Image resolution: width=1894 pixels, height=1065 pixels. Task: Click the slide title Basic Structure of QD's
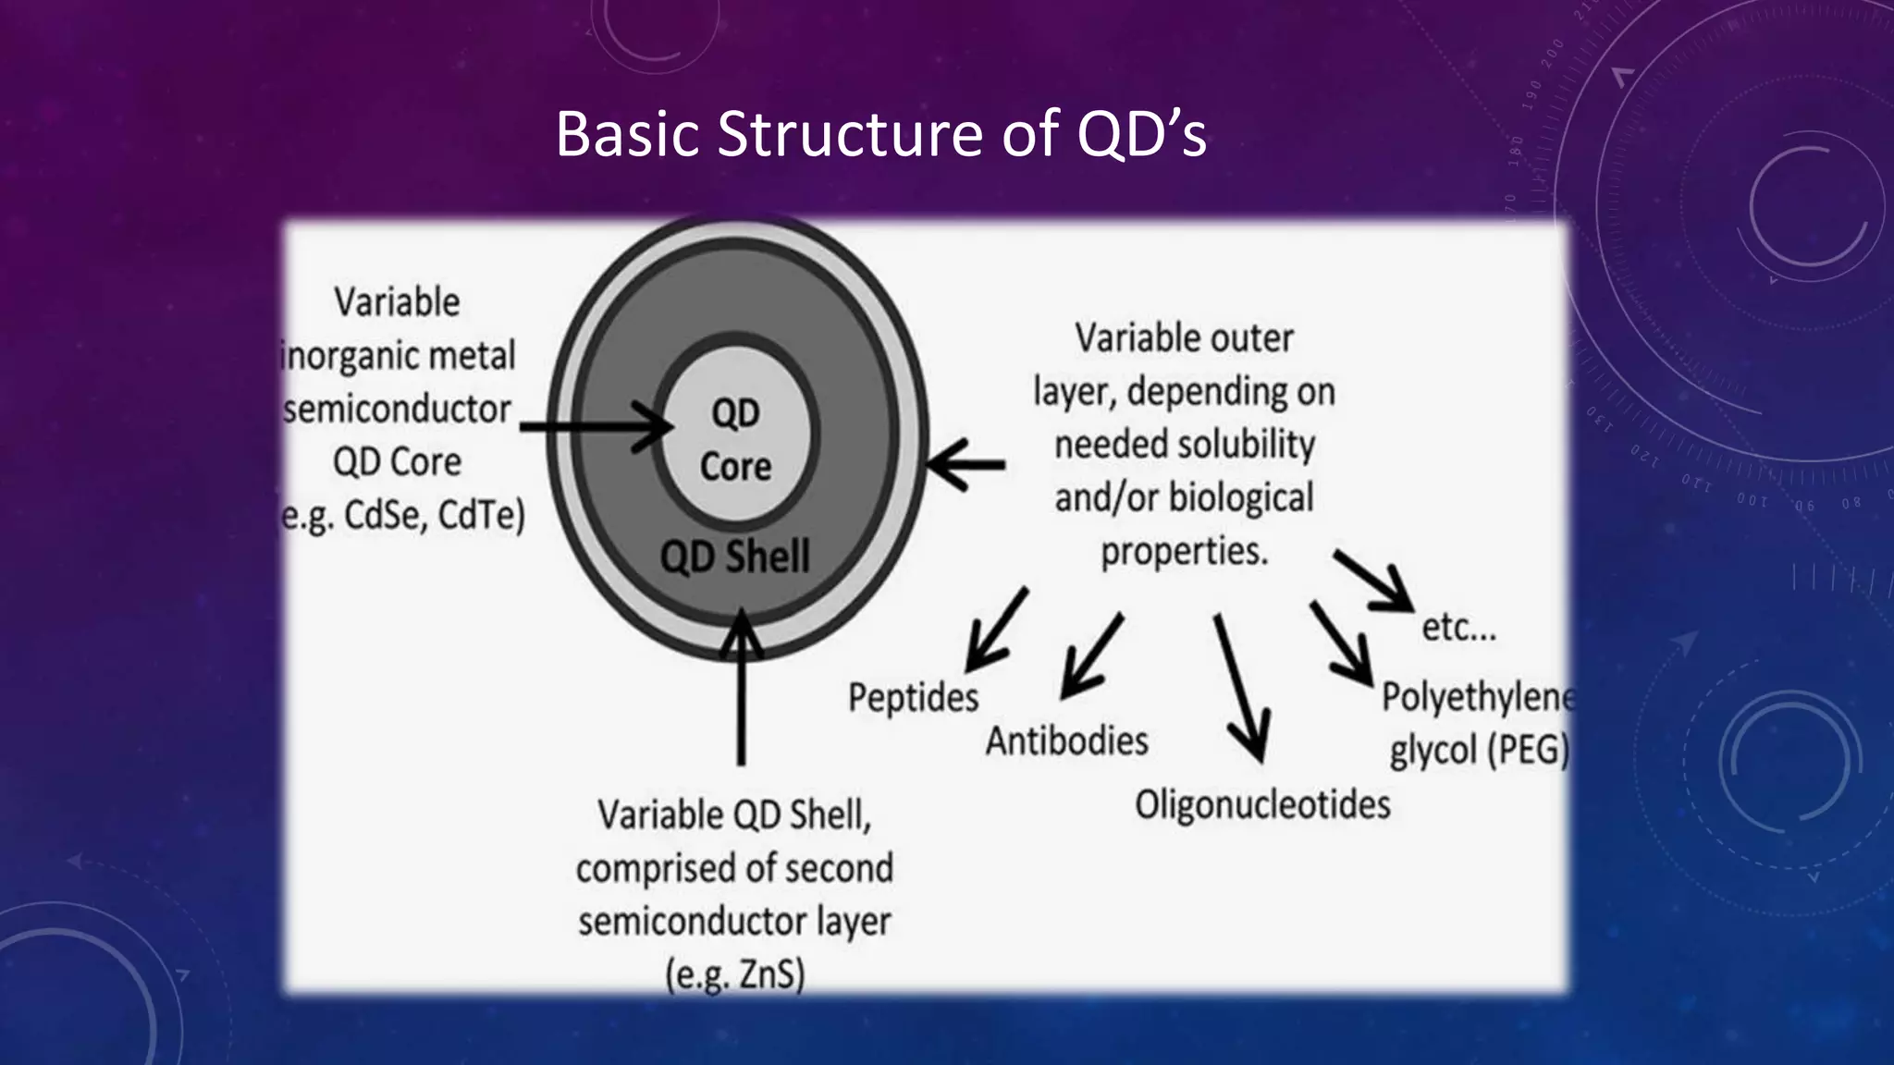point(880,135)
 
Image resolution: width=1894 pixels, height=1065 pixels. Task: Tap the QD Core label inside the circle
point(735,439)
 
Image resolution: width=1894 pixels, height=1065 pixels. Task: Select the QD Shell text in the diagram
point(734,557)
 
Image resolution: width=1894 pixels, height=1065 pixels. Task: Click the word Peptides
point(913,698)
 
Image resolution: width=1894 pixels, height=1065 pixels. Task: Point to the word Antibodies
point(1066,741)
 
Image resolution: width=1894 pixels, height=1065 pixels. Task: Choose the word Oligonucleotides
point(1262,804)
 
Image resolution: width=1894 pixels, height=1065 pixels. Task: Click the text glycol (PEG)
point(1479,750)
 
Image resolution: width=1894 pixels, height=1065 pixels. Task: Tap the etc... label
point(1458,628)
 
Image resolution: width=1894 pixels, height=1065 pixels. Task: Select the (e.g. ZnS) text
point(735,974)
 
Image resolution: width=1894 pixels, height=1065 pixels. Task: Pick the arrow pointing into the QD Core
point(596,427)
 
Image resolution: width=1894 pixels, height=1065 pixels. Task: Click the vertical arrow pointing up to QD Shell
point(741,689)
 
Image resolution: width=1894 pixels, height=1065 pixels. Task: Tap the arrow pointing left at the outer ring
point(966,465)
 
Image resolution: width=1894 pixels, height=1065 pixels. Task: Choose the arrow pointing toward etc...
point(1374,581)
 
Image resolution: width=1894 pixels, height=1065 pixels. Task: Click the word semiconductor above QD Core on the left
point(397,409)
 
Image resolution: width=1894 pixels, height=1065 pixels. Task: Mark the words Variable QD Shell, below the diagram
point(734,815)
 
